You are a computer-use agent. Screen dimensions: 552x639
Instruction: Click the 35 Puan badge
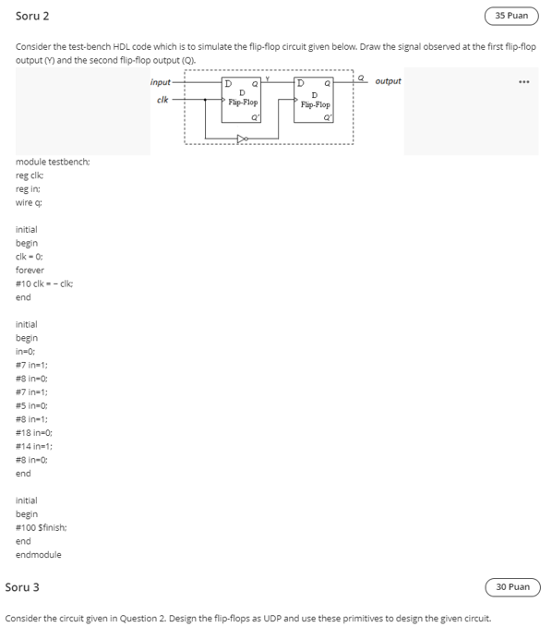[x=511, y=16]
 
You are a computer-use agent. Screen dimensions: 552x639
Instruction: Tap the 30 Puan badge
[x=512, y=586]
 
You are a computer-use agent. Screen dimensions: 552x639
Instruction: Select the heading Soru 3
[x=22, y=586]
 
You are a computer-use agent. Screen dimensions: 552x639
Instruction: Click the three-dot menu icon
[x=524, y=82]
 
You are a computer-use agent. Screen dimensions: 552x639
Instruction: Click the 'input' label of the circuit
[x=161, y=82]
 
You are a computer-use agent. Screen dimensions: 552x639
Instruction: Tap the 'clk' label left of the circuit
[x=162, y=98]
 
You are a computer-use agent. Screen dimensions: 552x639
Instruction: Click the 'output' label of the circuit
[x=388, y=81]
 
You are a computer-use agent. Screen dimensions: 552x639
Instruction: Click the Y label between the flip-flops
[x=266, y=78]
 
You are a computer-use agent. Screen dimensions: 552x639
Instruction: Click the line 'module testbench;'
[x=53, y=162]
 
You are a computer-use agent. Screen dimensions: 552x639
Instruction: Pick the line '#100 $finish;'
[x=42, y=527]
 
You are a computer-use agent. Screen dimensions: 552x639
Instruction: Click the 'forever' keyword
[x=31, y=271]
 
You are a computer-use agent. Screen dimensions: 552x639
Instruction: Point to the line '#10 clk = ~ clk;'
[x=46, y=283]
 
